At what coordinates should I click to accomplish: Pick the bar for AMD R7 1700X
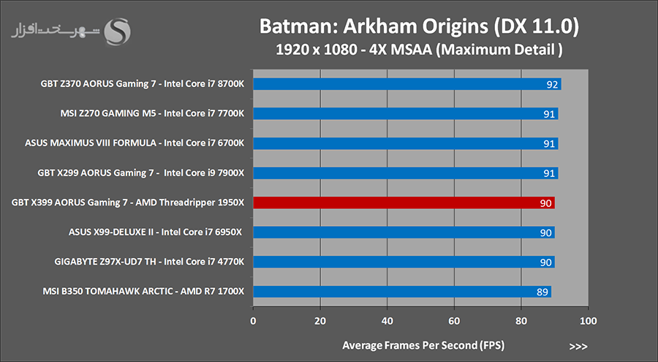click(x=401, y=292)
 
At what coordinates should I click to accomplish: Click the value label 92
click(x=553, y=84)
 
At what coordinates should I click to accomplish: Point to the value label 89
click(x=542, y=292)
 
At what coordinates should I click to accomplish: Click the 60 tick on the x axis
click(x=454, y=320)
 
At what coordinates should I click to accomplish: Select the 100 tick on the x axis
click(x=588, y=320)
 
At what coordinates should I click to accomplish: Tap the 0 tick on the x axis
click(x=253, y=320)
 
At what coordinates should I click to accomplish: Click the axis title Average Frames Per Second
click(x=423, y=344)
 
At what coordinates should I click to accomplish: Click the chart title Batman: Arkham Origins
click(x=420, y=27)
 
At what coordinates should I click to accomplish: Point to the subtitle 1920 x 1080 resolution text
click(x=420, y=51)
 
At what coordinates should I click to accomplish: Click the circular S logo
click(x=118, y=31)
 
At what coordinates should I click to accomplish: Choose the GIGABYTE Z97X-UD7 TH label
click(x=149, y=262)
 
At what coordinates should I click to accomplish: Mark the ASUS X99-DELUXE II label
click(x=154, y=233)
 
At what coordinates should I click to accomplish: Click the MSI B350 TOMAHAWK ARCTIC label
click(x=144, y=292)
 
